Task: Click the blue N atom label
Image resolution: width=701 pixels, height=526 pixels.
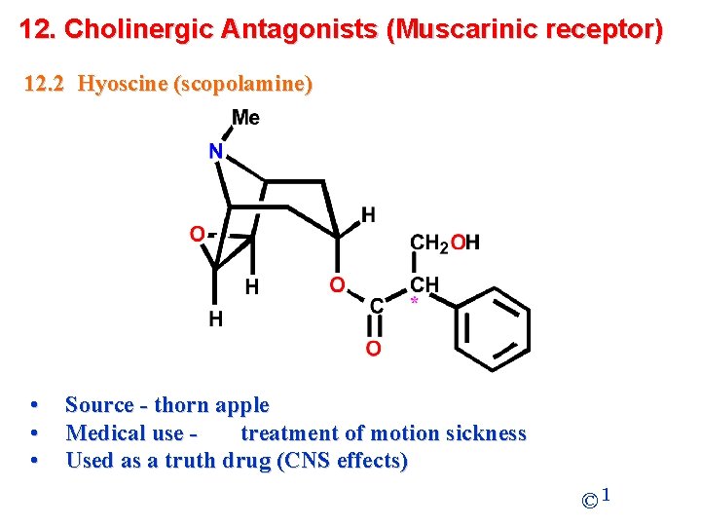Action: click(x=216, y=152)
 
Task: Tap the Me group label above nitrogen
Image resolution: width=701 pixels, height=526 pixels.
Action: click(x=245, y=118)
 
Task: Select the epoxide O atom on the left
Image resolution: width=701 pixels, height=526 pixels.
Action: click(x=197, y=234)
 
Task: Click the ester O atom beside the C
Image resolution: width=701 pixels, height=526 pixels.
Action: click(x=337, y=284)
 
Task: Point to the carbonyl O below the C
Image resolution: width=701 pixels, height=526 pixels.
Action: click(x=373, y=348)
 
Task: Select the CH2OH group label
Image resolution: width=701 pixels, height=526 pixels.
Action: click(x=445, y=243)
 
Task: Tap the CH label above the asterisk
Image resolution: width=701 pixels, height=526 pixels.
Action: click(x=424, y=284)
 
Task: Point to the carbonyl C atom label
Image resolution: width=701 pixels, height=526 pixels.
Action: click(x=375, y=306)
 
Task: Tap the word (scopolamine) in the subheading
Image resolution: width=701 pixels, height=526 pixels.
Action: click(x=242, y=84)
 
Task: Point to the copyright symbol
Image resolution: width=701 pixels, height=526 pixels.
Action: click(x=589, y=502)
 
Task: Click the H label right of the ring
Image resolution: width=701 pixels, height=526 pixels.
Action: click(x=368, y=214)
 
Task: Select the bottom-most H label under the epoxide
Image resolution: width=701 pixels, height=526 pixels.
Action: click(x=215, y=319)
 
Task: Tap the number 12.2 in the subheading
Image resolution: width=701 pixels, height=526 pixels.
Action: click(x=44, y=84)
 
